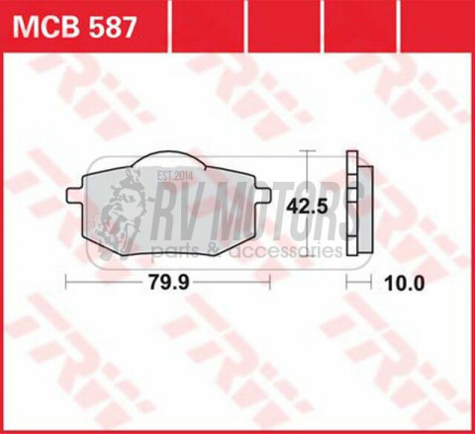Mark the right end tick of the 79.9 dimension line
coord(270,282)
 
